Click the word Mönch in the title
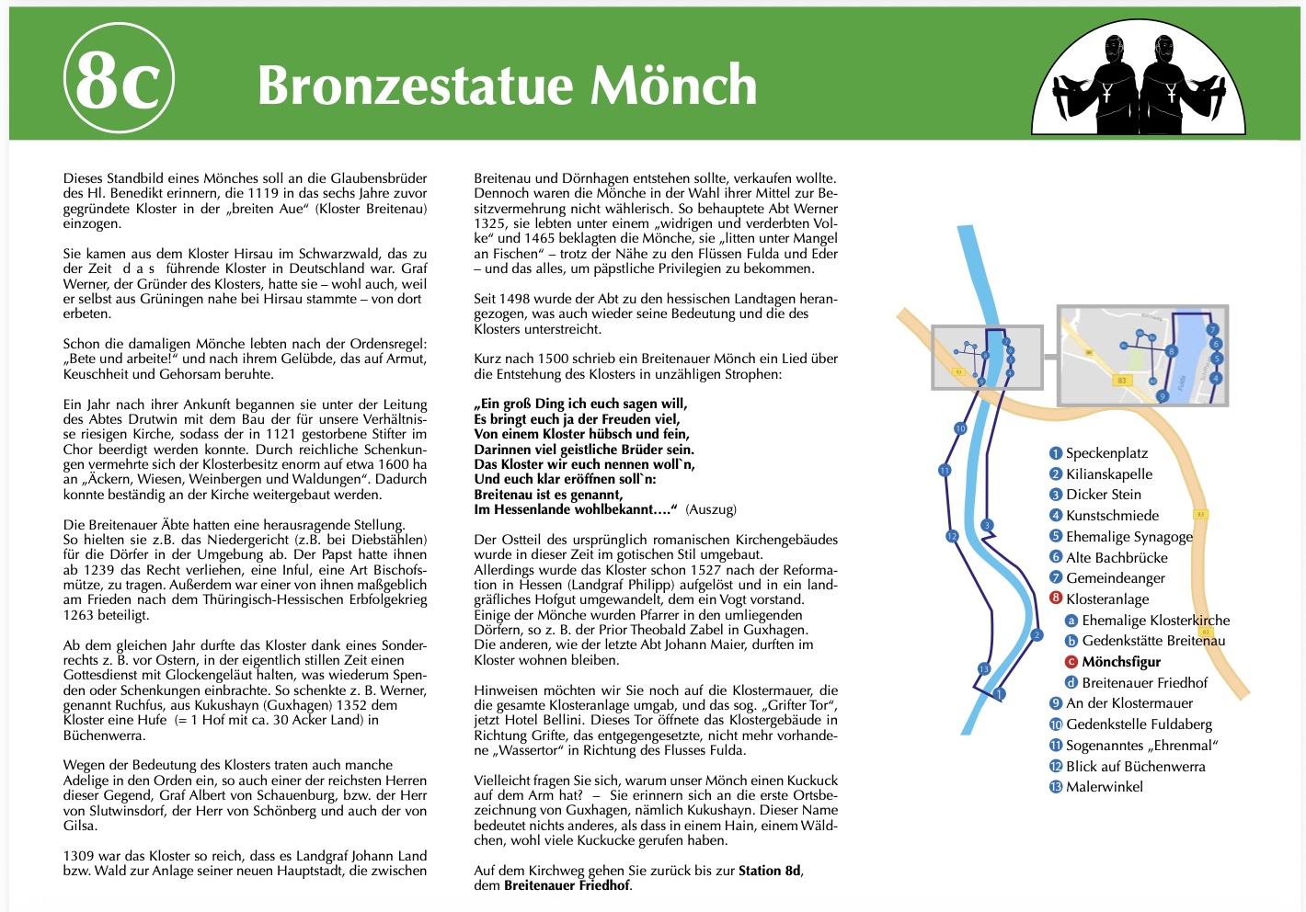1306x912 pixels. coord(673,85)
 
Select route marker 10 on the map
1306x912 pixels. coord(960,428)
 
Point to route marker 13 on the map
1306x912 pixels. coord(984,669)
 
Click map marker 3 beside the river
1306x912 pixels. coord(987,526)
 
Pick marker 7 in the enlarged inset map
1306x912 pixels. coord(1212,329)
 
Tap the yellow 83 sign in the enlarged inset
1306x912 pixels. coord(1121,381)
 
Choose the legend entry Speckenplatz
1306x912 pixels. coord(1106,453)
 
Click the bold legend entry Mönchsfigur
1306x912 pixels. coord(1121,662)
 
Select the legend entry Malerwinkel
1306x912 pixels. coord(1105,787)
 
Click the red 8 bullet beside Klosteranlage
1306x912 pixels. coord(1056,599)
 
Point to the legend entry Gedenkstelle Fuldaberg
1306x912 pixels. coord(1139,724)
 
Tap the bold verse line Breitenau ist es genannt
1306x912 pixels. coord(548,495)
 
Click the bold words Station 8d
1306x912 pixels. coord(770,871)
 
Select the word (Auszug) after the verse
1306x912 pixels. coord(711,509)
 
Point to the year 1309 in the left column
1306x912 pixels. coord(78,856)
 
